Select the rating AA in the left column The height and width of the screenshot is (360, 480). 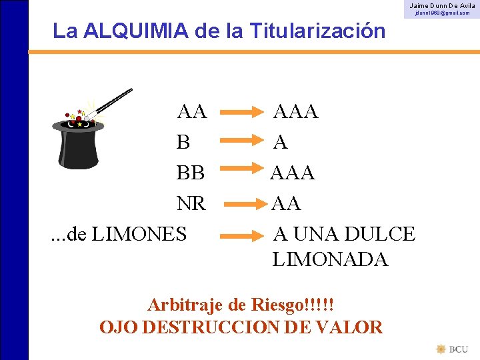coord(191,111)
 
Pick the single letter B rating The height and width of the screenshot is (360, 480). coord(183,142)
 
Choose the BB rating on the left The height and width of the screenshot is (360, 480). coord(191,173)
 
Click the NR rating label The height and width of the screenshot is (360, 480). coord(191,203)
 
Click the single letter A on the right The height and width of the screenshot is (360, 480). coord(281,142)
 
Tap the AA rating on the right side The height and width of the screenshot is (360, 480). coord(286,203)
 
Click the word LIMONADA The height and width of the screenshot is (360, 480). coord(330,259)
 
